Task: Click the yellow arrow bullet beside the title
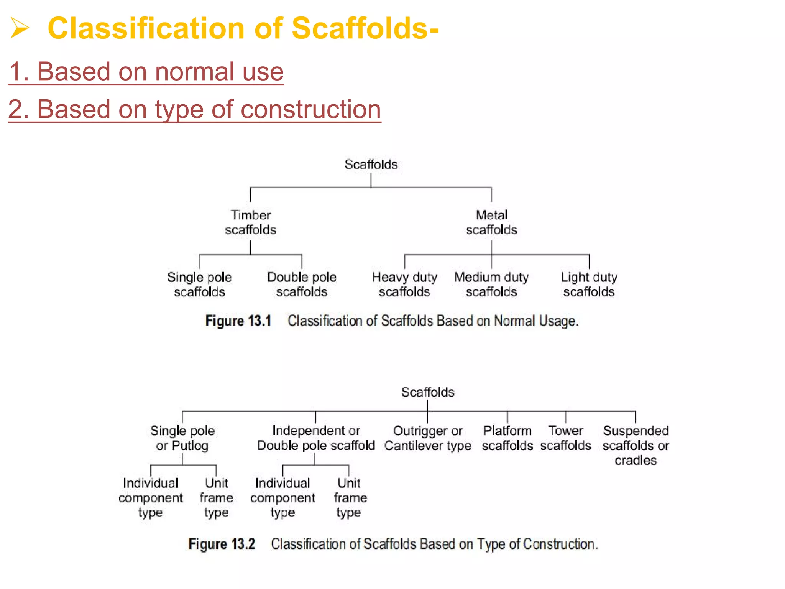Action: coord(20,28)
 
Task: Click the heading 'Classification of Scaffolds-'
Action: coord(243,28)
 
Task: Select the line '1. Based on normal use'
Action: coord(146,72)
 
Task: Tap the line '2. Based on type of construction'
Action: coord(194,109)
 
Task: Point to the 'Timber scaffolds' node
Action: coord(250,222)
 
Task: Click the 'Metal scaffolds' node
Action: coord(491,222)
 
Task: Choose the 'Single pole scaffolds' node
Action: coord(199,285)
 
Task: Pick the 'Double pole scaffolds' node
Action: coord(302,285)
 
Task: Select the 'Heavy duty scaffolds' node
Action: coord(404,285)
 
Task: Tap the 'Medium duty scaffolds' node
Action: coord(491,285)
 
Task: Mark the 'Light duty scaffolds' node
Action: coord(589,285)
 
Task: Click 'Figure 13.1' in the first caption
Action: coord(238,321)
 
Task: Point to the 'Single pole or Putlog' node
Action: coord(182,438)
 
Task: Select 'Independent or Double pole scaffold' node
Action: coord(316,438)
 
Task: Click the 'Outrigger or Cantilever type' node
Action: coord(428,438)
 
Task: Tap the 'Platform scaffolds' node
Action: coord(507,438)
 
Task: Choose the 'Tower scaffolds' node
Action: coord(566,438)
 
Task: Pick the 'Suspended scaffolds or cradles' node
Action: coord(636,446)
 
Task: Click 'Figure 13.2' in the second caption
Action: coord(222,544)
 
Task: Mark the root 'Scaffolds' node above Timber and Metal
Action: coord(371,165)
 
